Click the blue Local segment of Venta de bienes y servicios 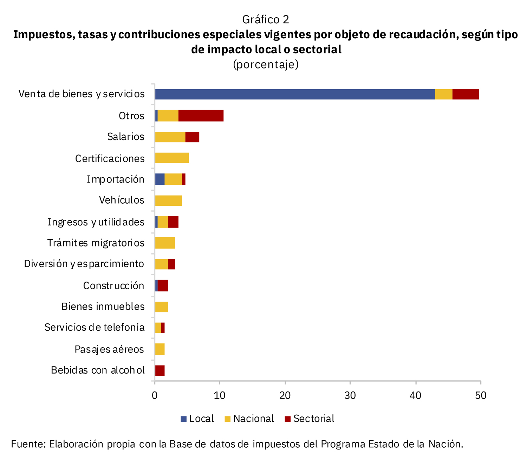click(x=295, y=94)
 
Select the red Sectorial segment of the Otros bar click(x=201, y=116)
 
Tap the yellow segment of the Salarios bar click(x=170, y=137)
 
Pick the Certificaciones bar click(x=172, y=158)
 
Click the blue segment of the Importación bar click(x=160, y=179)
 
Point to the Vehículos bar click(x=168, y=200)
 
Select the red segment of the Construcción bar click(x=163, y=285)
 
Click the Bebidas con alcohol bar click(x=160, y=370)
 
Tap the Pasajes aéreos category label click(x=109, y=349)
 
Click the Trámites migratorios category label click(x=96, y=243)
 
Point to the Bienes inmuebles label click(x=103, y=307)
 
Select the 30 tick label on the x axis click(x=350, y=395)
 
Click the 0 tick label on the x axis click(x=155, y=395)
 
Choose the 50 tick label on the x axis click(x=481, y=395)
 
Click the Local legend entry click(x=197, y=419)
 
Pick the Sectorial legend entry click(x=309, y=419)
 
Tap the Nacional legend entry click(x=249, y=419)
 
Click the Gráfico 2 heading click(x=266, y=20)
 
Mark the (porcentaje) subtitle click(x=266, y=65)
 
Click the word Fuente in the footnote click(x=28, y=444)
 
